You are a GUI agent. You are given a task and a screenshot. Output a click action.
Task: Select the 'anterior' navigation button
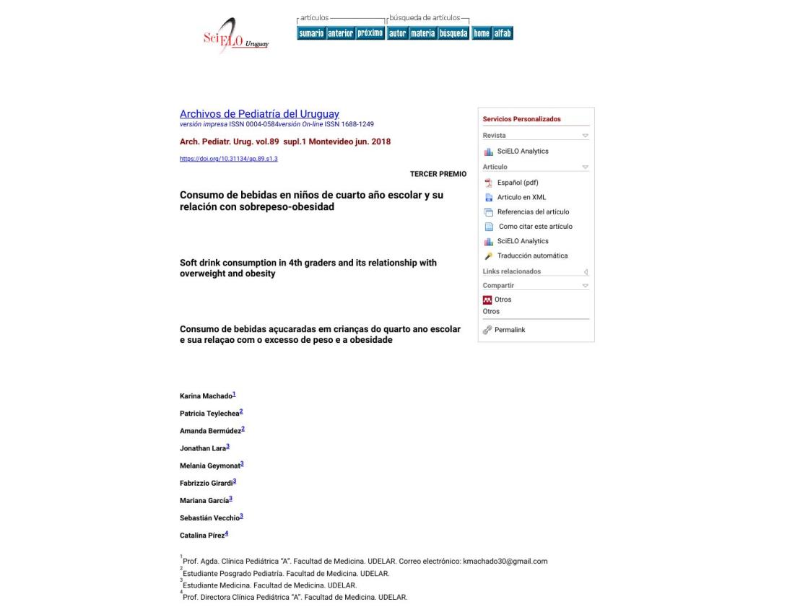pyautogui.click(x=340, y=33)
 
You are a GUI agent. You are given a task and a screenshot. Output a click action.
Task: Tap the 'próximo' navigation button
pyautogui.click(x=370, y=33)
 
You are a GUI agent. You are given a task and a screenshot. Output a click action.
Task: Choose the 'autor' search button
pyautogui.click(x=397, y=33)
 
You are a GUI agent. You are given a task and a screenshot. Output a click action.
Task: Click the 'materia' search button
pyautogui.click(x=423, y=33)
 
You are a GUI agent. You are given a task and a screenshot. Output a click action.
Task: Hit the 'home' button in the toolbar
pyautogui.click(x=481, y=33)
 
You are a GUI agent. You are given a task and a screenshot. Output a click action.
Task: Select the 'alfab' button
pyautogui.click(x=503, y=33)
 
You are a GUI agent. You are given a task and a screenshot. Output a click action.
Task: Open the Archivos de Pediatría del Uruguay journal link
pyautogui.click(x=259, y=114)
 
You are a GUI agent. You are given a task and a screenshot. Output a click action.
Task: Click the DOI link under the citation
pyautogui.click(x=229, y=159)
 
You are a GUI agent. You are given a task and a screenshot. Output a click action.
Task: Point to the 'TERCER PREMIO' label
pyautogui.click(x=438, y=174)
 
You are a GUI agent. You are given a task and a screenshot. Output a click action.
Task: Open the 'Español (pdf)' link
pyautogui.click(x=518, y=182)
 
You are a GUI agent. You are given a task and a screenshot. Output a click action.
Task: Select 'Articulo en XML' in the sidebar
pyautogui.click(x=522, y=197)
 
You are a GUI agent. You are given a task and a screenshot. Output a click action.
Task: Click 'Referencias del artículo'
pyautogui.click(x=533, y=211)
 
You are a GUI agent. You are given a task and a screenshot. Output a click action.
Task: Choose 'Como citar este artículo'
pyautogui.click(x=535, y=226)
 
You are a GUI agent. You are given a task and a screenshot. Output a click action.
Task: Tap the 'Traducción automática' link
pyautogui.click(x=532, y=256)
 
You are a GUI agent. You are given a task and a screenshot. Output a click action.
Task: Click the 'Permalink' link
pyautogui.click(x=510, y=330)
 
